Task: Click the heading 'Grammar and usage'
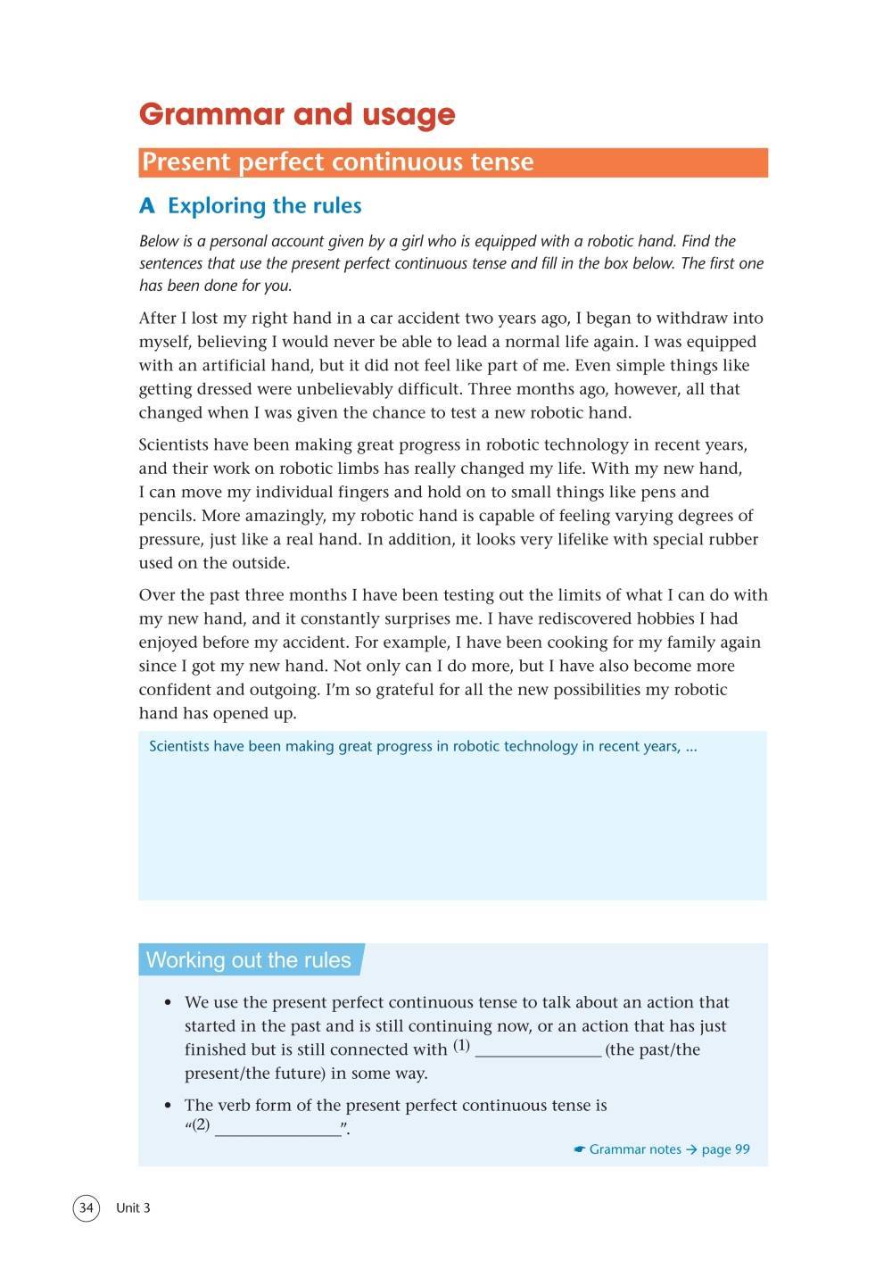pos(297,115)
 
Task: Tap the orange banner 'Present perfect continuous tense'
pos(453,162)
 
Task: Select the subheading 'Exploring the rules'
pos(264,206)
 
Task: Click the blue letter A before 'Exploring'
pos(147,206)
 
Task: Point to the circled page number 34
pos(86,1207)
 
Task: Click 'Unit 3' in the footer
pos(133,1207)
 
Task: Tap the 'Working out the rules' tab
pos(249,960)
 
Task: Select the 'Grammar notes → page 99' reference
pos(662,1149)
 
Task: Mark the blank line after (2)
pos(278,1130)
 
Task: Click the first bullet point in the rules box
pos(168,1003)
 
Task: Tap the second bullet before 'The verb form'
pos(168,1106)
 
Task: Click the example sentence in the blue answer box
pos(423,746)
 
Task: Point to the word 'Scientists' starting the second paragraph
pos(178,444)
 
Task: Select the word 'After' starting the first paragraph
pos(160,318)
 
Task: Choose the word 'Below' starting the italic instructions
pos(160,241)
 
